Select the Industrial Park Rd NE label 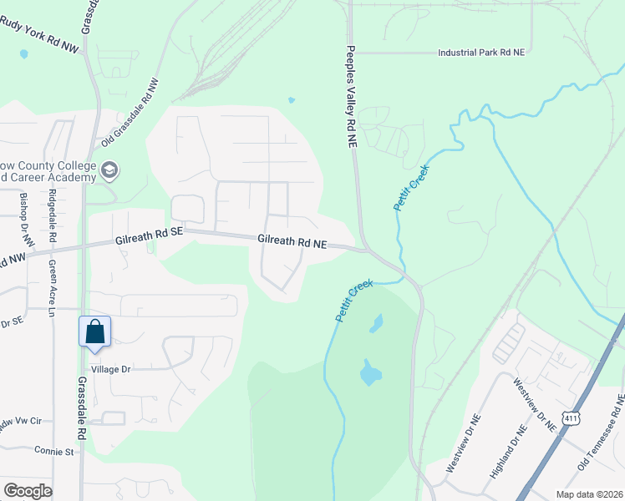coord(481,52)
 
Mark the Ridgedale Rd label coord(53,215)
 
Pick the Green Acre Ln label coord(52,288)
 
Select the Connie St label coord(55,450)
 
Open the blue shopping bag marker coord(94,331)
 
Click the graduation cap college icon coord(109,171)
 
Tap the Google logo coord(28,491)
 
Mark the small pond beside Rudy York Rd coord(23,54)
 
